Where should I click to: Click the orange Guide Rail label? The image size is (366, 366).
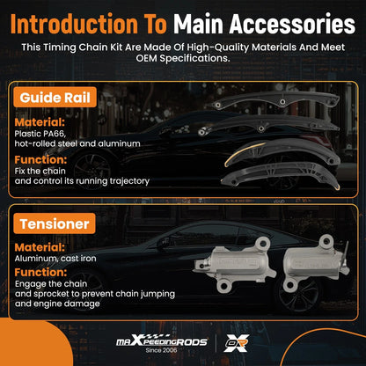click(55, 98)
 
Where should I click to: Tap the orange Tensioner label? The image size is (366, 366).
click(55, 223)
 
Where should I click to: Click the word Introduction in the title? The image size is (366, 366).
click(74, 24)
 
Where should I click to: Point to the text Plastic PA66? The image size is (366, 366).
click(40, 134)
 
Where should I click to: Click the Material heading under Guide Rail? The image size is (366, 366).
click(40, 122)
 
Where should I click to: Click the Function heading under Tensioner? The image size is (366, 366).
click(40, 272)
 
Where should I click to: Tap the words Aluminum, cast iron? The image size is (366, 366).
click(55, 259)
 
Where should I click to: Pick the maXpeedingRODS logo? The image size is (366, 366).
click(162, 341)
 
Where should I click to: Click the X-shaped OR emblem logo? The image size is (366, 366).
click(237, 343)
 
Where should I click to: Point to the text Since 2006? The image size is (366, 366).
click(161, 350)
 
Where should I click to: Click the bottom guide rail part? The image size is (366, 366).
click(280, 174)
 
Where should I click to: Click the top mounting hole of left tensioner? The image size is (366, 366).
click(263, 243)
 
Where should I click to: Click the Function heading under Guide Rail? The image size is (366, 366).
click(40, 159)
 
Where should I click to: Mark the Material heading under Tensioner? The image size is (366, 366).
click(40, 247)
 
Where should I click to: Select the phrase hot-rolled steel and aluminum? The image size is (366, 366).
click(77, 143)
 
